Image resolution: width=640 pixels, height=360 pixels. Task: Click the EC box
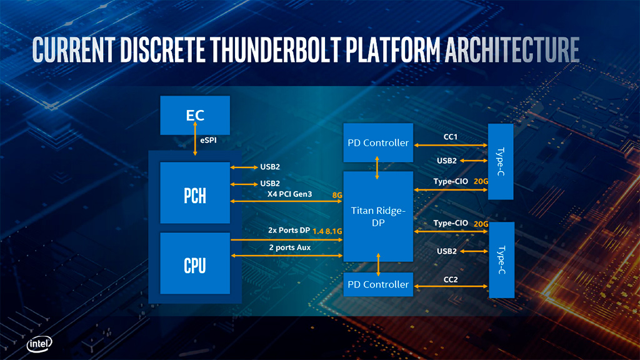(195, 115)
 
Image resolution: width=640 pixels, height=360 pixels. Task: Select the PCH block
(195, 192)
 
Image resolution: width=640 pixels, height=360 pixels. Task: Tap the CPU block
(195, 263)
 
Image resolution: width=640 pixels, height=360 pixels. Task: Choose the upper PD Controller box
(378, 142)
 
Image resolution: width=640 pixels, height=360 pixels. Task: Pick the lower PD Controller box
(378, 284)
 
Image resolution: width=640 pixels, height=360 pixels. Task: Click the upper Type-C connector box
(500, 161)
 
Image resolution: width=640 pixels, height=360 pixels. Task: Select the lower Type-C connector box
(500, 259)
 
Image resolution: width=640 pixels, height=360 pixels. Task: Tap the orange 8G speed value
(337, 195)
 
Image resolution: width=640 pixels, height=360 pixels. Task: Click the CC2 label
(450, 279)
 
